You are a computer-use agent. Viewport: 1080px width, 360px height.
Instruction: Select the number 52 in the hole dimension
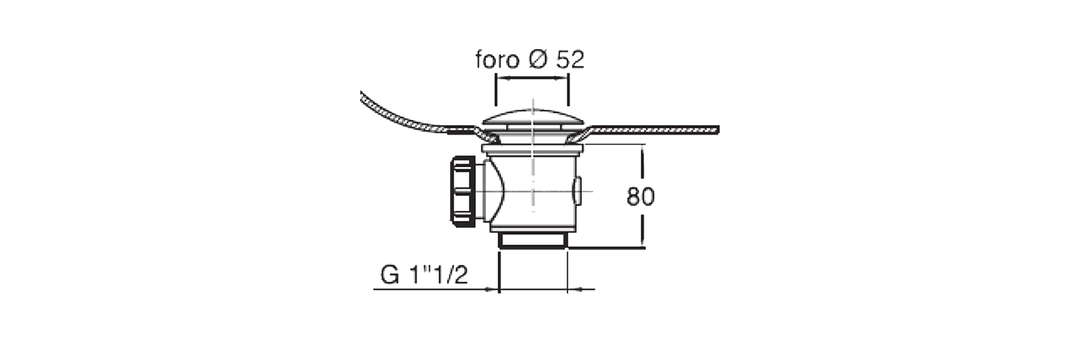[x=570, y=60]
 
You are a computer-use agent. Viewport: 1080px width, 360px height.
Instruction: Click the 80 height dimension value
[x=641, y=197]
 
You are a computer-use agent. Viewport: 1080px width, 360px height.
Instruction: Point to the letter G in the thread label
[x=390, y=275]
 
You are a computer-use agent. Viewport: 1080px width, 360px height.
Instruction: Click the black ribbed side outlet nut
[x=462, y=192]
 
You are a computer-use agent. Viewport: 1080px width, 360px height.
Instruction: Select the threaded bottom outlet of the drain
[x=532, y=241]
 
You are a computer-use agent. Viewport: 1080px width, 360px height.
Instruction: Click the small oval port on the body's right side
[x=577, y=190]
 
